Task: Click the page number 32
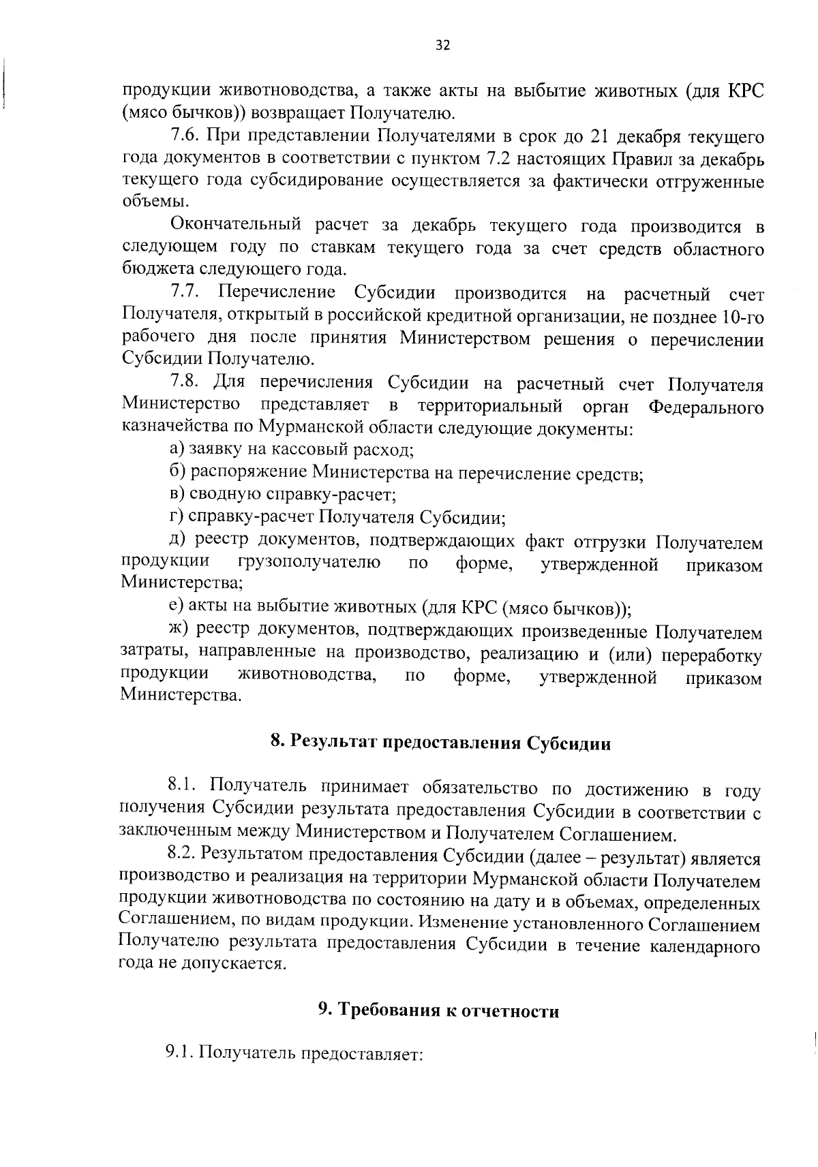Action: tap(442, 46)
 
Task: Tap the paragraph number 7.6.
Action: tap(184, 137)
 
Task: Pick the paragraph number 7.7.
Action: tap(184, 294)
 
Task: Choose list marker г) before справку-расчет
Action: tap(177, 518)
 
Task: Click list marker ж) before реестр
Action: tap(179, 631)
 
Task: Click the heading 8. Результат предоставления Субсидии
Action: tap(440, 743)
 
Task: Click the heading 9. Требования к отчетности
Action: tap(439, 1011)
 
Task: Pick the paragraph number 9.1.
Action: tap(179, 1055)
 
